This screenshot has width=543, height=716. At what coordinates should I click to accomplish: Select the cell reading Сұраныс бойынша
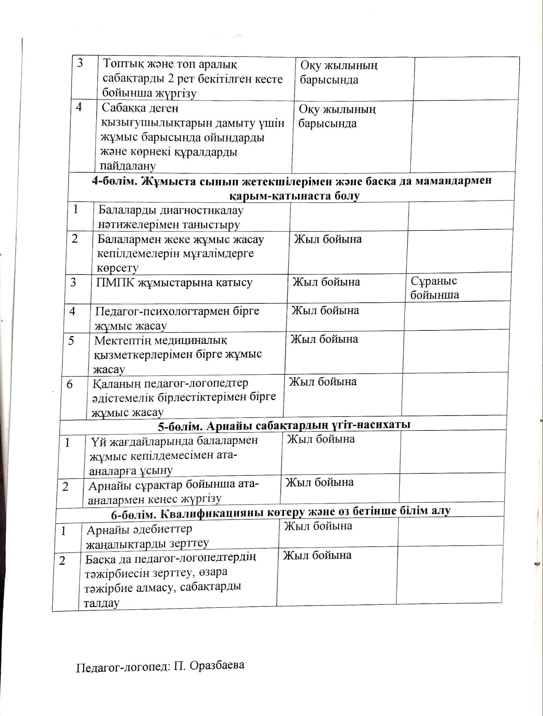(x=434, y=288)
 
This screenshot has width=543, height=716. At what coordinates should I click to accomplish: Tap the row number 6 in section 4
(x=70, y=384)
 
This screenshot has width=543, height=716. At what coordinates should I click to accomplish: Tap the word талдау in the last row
(x=101, y=603)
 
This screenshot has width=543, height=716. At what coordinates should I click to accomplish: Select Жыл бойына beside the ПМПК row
(x=326, y=282)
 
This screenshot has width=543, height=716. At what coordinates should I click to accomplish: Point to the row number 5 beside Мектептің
(x=71, y=341)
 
